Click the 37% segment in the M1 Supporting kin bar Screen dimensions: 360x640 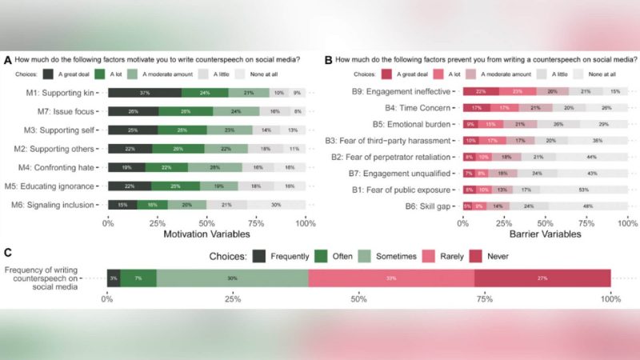point(145,92)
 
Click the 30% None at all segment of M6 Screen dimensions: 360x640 point(276,204)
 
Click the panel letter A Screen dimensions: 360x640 point(7,59)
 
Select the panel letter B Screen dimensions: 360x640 point(328,59)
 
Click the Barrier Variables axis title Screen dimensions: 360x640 point(542,236)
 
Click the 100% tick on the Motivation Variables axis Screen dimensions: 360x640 point(305,223)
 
